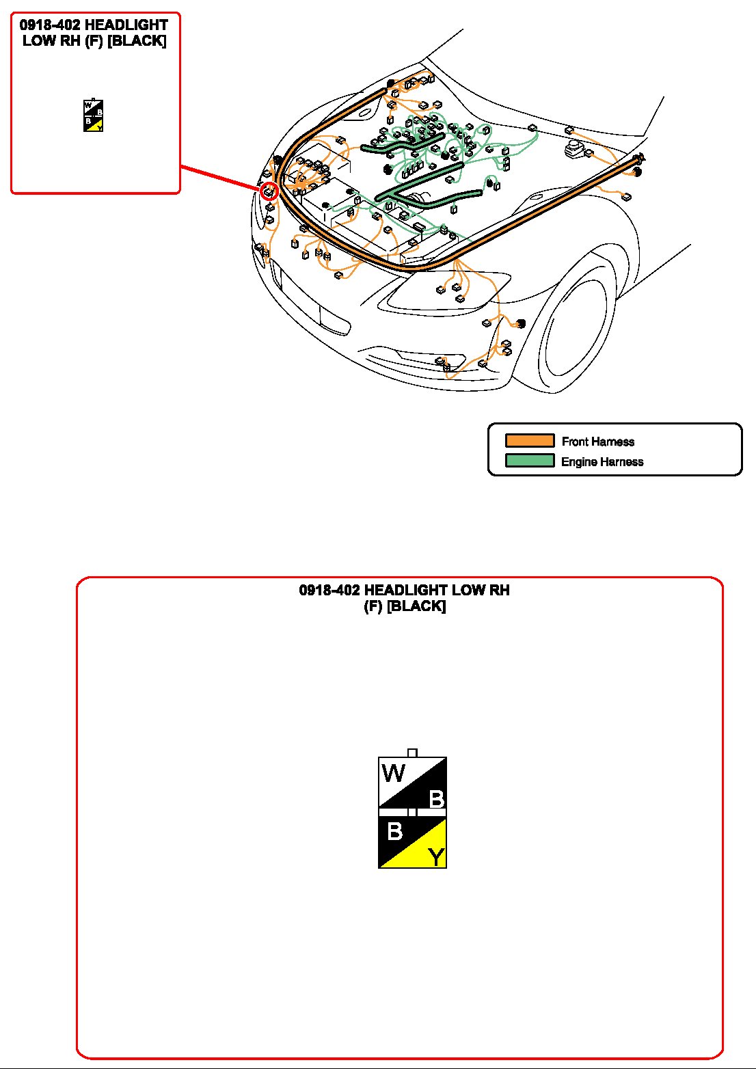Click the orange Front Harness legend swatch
click(x=529, y=441)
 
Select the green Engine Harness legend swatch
click(x=529, y=461)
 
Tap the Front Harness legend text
click(x=597, y=442)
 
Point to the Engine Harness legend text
click(x=602, y=462)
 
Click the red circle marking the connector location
click(x=269, y=191)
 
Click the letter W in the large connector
click(x=394, y=774)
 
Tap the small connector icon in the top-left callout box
click(x=94, y=116)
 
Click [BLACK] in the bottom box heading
click(x=416, y=606)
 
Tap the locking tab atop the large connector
click(x=412, y=753)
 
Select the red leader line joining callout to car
click(x=219, y=177)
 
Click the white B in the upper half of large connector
click(x=436, y=799)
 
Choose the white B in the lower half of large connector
click(x=394, y=832)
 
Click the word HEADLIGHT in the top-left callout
click(x=126, y=26)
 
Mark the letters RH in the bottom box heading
click(x=498, y=591)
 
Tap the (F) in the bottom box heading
click(x=373, y=606)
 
